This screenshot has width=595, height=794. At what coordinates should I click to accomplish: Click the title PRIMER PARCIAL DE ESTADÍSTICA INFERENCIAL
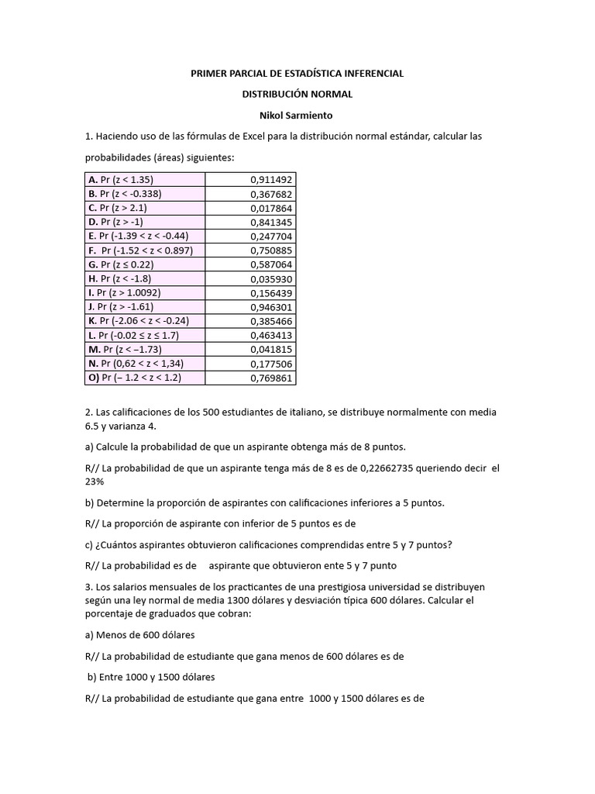click(x=297, y=74)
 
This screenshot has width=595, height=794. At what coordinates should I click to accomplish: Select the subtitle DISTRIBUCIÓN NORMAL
click(x=297, y=94)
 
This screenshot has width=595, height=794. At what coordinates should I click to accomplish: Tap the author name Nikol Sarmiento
click(x=297, y=115)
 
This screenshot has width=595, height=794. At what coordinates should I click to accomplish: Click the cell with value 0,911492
click(x=271, y=179)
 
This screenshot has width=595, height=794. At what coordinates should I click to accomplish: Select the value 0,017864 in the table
click(x=271, y=208)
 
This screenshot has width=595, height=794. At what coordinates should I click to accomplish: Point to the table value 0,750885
click(x=271, y=250)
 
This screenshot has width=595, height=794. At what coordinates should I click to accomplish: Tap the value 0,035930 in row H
click(x=271, y=279)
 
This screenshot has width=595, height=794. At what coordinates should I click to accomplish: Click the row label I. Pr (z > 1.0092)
click(x=128, y=293)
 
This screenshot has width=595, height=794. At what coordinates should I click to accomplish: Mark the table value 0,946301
click(x=271, y=307)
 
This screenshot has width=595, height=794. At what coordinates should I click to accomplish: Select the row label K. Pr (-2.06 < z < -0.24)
click(x=139, y=321)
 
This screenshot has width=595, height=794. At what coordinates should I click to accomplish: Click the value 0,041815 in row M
click(x=271, y=350)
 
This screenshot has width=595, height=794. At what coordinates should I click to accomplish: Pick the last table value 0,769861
click(x=271, y=378)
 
